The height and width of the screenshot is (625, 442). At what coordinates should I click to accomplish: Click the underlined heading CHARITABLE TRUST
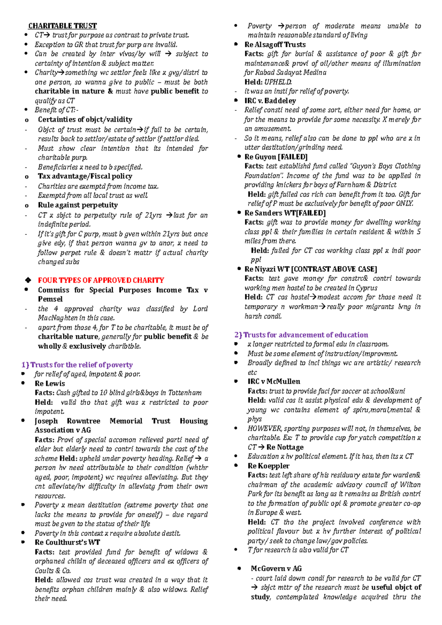62,26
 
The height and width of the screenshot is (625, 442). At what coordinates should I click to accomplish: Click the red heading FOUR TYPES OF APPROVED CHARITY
101,280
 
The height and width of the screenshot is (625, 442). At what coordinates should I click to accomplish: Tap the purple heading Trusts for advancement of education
301,335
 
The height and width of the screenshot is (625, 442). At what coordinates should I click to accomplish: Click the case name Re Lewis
50,384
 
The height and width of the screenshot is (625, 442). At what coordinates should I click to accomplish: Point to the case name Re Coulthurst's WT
67,543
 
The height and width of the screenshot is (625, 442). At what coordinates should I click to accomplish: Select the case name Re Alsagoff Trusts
275,45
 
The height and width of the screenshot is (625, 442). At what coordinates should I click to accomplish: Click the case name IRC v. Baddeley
270,101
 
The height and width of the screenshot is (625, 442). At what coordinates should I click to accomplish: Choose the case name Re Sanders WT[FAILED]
285,213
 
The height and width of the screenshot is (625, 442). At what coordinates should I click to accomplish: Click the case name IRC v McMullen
274,382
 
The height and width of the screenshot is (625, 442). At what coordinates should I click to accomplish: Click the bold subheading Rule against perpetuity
78,205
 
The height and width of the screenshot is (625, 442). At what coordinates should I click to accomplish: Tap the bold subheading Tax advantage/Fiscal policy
85,176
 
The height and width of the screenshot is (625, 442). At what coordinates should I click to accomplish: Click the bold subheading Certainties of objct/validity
85,120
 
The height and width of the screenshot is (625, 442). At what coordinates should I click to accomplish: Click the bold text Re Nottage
285,447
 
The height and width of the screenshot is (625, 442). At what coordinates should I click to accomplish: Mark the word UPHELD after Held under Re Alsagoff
278,82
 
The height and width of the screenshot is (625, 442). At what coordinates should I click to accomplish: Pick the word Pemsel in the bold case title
50,299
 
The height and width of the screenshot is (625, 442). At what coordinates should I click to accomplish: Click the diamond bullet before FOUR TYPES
27,280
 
